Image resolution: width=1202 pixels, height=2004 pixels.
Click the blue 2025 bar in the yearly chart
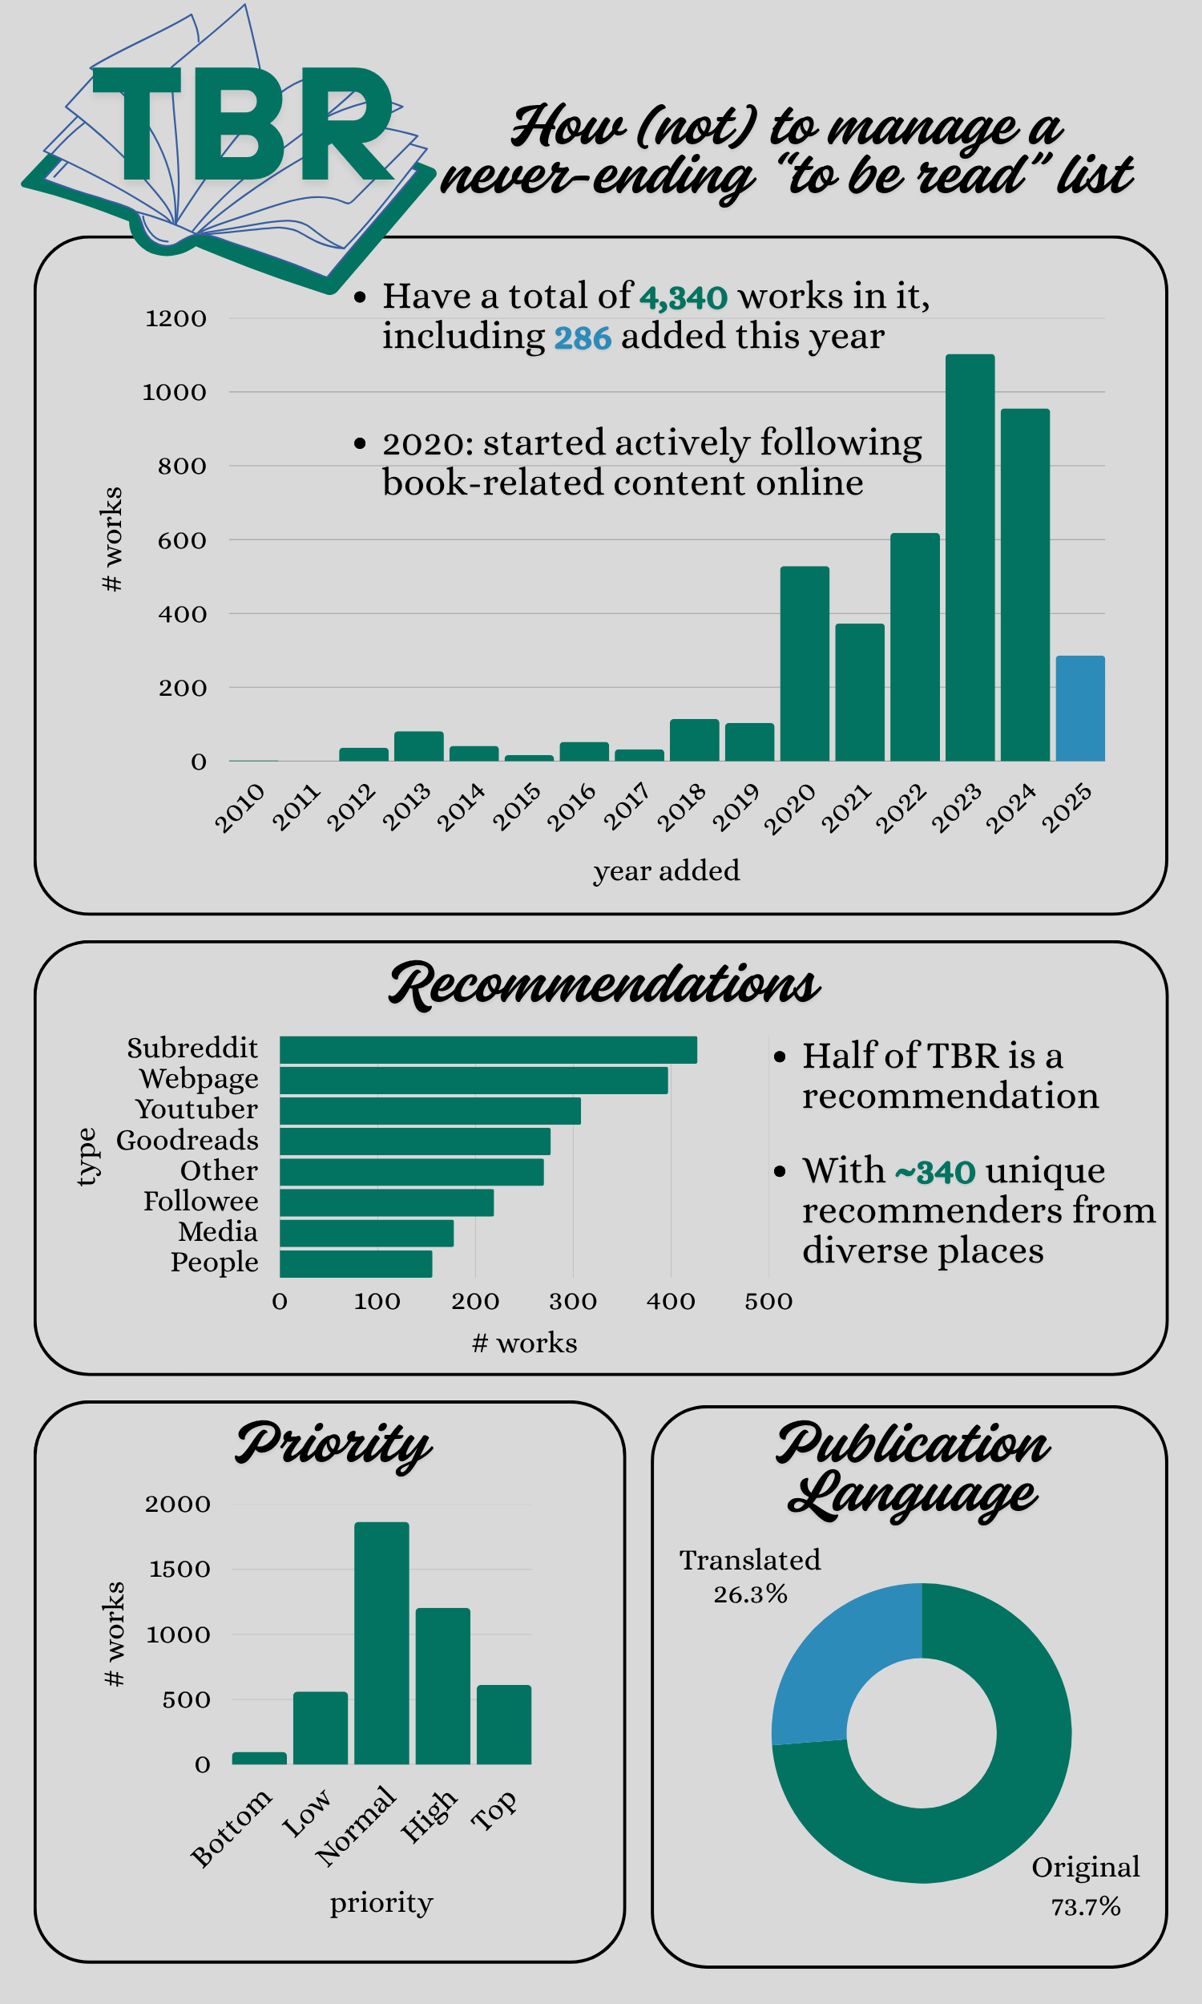click(1079, 709)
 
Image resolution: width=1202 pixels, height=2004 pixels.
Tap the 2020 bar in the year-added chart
click(805, 664)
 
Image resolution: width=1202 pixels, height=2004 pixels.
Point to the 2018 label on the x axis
click(681, 806)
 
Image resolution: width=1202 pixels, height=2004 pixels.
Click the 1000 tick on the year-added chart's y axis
click(174, 393)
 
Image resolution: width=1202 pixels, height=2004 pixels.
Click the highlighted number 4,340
click(684, 298)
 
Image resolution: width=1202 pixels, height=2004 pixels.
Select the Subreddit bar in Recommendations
click(487, 1050)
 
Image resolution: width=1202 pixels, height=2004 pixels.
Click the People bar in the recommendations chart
click(356, 1263)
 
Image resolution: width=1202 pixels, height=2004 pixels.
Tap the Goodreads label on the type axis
click(187, 1141)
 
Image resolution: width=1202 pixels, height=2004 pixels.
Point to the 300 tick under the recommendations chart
click(573, 1302)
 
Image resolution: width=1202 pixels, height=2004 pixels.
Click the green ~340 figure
click(934, 1172)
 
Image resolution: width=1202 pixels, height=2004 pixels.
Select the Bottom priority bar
click(259, 1758)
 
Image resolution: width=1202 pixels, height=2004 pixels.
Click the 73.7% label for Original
click(1085, 1907)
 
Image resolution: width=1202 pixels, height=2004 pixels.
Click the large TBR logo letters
click(243, 126)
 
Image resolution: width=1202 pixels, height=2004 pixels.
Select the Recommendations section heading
click(604, 986)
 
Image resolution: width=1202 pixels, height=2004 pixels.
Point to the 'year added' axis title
click(667, 871)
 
